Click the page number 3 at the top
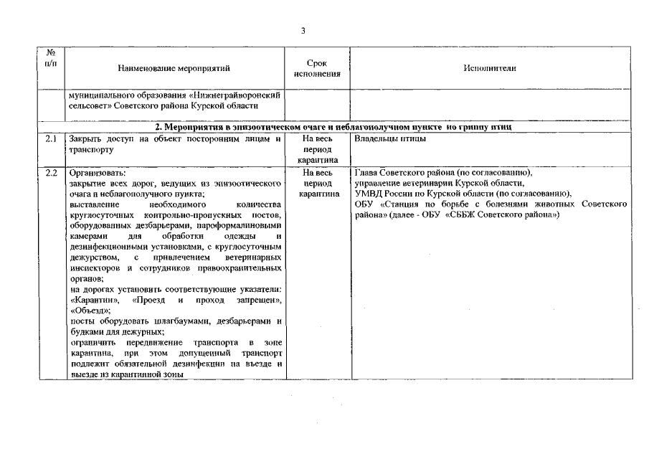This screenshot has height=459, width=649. (303, 30)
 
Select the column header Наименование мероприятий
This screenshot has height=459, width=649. (174, 69)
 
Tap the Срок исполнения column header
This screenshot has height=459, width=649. (316, 69)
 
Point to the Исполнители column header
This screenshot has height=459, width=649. (490, 69)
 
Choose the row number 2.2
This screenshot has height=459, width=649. (51, 174)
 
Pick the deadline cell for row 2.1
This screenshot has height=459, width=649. (316, 150)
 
